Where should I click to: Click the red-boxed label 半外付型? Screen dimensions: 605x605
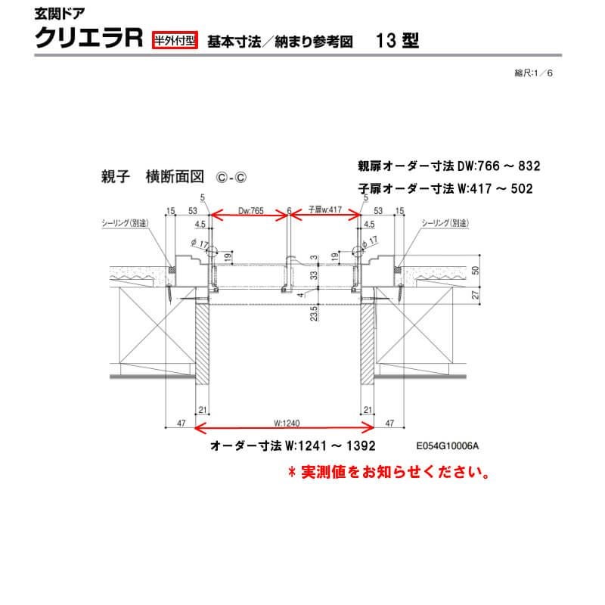175,41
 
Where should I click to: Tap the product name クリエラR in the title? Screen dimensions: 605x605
89,39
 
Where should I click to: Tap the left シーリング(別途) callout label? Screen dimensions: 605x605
126,224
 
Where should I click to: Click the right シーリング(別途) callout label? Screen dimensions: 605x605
445,224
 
